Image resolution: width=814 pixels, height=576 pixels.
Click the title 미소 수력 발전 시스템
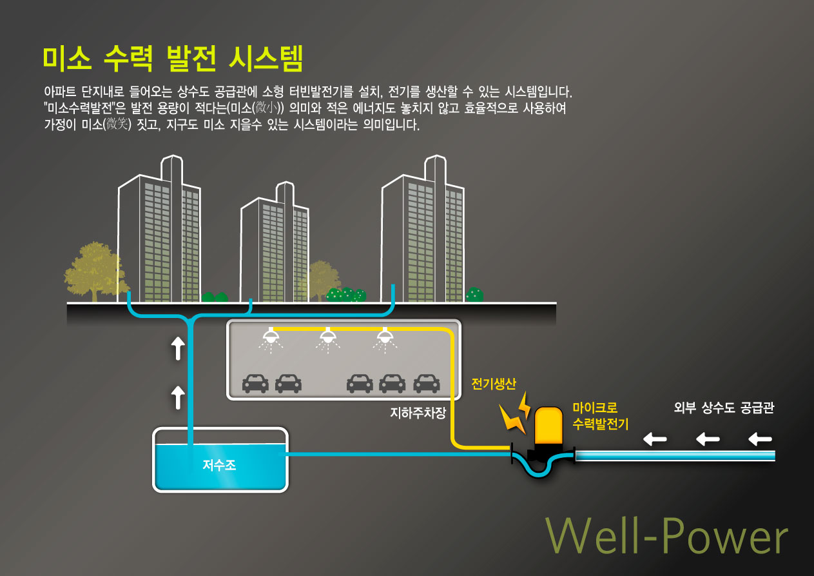(x=172, y=58)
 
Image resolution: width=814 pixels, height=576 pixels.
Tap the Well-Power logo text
(x=667, y=537)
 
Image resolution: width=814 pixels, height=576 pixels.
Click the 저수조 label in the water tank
(x=219, y=465)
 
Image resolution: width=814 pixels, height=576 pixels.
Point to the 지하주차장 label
(x=418, y=412)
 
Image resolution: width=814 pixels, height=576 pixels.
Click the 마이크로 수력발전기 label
(x=600, y=416)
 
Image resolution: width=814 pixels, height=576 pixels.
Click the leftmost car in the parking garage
(x=255, y=384)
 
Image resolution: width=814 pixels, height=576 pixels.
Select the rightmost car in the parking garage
(x=426, y=384)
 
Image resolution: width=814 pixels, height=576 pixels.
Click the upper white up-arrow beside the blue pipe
(x=178, y=349)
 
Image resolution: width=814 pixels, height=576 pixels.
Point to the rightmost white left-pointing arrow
(x=761, y=440)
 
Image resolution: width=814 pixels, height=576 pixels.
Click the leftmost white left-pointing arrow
(x=655, y=440)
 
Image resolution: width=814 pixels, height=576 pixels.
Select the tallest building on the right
(x=422, y=232)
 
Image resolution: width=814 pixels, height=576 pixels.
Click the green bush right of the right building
(x=474, y=295)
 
